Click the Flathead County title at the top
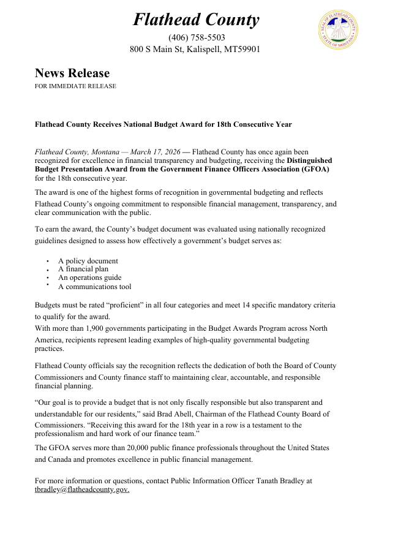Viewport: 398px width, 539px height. coord(196,20)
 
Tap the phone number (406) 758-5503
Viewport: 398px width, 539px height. coord(196,38)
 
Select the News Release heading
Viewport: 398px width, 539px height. coord(72,73)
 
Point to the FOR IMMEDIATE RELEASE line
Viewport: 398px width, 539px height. coord(75,86)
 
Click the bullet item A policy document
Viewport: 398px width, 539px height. coord(88,261)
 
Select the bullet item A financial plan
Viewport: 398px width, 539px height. coord(83,269)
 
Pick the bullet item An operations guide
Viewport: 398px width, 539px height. coord(89,277)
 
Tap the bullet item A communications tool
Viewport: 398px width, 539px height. coord(94,287)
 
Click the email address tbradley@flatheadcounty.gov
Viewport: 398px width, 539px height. coord(81,490)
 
